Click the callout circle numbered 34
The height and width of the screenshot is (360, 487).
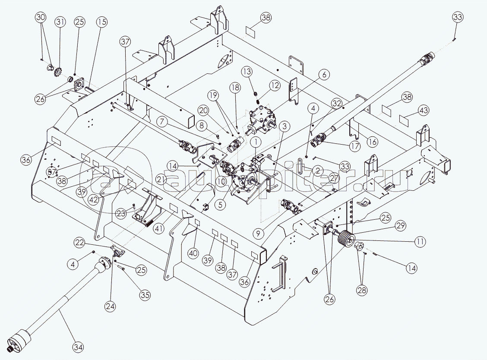click(x=78, y=347)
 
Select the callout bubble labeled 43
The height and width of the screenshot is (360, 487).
click(x=424, y=111)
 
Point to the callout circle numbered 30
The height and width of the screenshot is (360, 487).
click(x=41, y=18)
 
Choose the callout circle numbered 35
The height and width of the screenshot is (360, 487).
click(x=145, y=296)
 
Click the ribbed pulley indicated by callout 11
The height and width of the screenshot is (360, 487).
click(x=345, y=239)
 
